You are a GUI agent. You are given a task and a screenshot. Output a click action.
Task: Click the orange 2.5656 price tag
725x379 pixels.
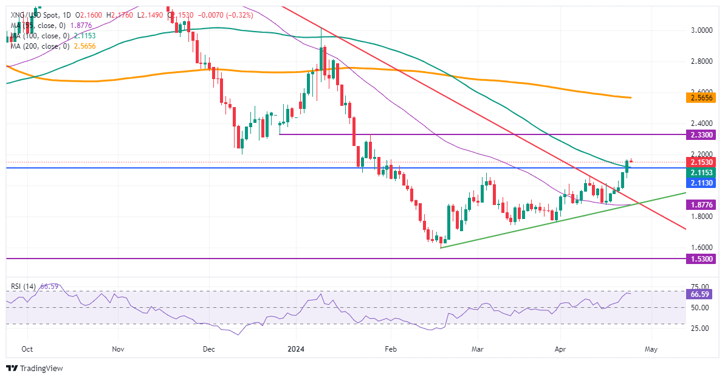[x=701, y=97]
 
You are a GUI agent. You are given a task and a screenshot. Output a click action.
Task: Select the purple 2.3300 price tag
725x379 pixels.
[x=701, y=134]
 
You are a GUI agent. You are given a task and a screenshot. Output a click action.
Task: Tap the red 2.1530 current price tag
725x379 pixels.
[x=701, y=163]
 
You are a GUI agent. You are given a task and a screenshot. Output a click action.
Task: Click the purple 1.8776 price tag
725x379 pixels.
[x=701, y=206]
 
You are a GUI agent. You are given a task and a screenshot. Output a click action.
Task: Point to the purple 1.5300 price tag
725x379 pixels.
[x=701, y=259]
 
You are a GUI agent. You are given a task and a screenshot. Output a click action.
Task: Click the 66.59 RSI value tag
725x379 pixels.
[x=701, y=294]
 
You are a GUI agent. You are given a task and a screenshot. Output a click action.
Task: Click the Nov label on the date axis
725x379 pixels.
[x=119, y=350]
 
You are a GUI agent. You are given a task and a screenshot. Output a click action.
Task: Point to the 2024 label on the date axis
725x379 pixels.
[x=297, y=350]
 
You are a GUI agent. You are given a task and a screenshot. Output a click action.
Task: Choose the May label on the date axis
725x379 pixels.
[x=651, y=350]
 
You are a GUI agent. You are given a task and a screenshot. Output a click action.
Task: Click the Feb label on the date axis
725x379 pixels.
[x=390, y=350]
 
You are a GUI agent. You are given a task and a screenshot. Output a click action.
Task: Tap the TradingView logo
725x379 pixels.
[x=35, y=368]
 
